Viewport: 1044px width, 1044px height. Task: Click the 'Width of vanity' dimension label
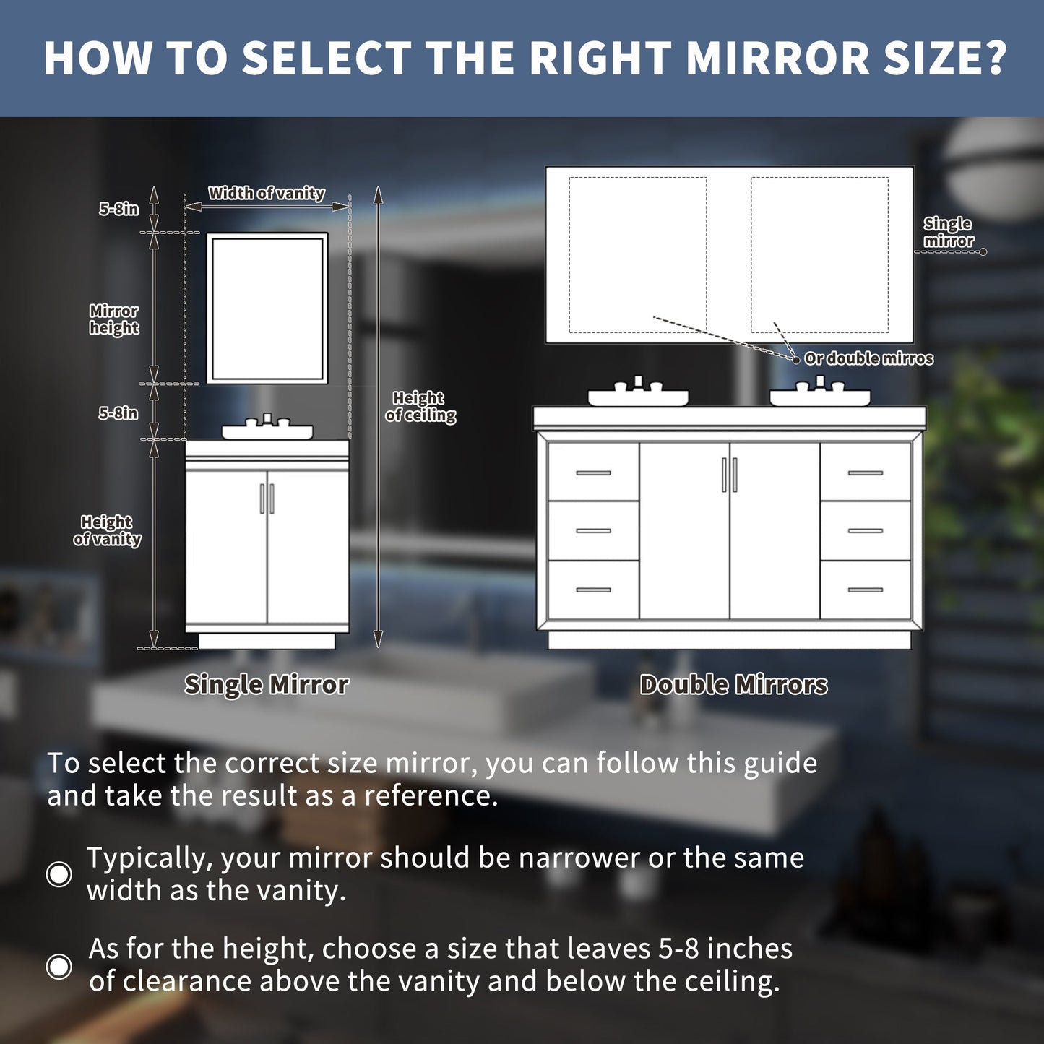point(267,193)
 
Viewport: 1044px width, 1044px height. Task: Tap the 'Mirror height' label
point(114,319)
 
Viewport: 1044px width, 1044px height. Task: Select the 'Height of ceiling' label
point(420,407)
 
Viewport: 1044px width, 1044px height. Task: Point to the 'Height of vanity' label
point(108,530)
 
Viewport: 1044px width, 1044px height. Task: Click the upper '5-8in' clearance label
point(118,209)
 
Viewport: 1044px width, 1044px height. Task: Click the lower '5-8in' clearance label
point(118,413)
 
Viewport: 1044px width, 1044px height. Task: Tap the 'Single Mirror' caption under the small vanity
point(266,684)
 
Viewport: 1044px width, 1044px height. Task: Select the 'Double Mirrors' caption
point(733,684)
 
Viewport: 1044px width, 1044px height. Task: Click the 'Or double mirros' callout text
point(868,358)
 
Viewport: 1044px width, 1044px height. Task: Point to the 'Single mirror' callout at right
point(948,232)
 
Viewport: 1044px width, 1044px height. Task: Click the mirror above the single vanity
point(267,308)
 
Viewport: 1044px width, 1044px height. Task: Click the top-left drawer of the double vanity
point(593,473)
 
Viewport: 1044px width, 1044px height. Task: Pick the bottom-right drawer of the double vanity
point(866,590)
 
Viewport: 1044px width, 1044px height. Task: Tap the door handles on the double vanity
point(730,475)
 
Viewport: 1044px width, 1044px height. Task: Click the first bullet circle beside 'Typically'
point(59,873)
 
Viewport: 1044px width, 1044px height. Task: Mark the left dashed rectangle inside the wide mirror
point(637,255)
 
